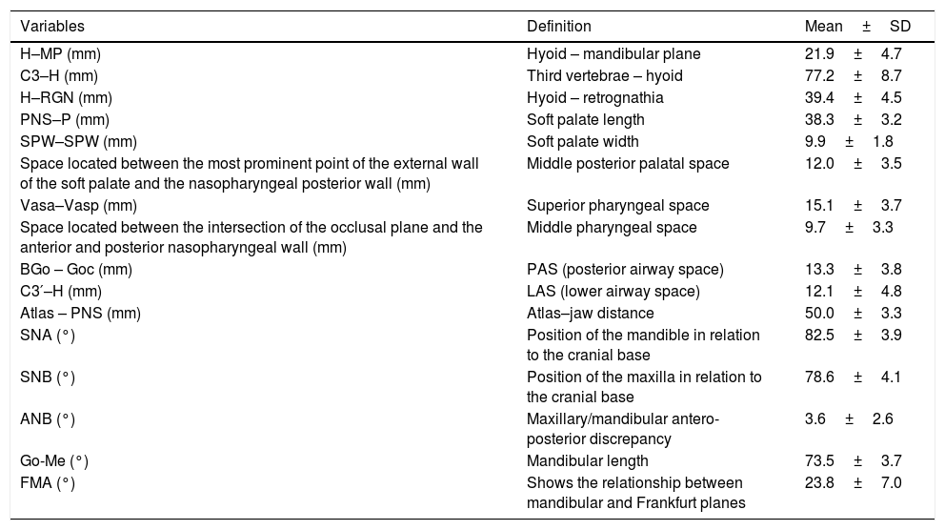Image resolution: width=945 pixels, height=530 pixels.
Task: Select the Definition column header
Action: pyautogui.click(x=559, y=27)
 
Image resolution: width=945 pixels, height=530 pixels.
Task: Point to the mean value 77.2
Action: pyautogui.click(x=820, y=75)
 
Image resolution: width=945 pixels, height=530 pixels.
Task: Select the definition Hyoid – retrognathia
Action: pyautogui.click(x=595, y=97)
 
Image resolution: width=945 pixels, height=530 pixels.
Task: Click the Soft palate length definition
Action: pyautogui.click(x=586, y=119)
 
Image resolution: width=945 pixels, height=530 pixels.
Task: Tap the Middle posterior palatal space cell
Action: pyautogui.click(x=628, y=163)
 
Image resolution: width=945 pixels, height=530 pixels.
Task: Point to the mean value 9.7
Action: pyautogui.click(x=815, y=228)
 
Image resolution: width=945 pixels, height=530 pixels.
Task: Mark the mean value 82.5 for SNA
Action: pyautogui.click(x=820, y=335)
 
